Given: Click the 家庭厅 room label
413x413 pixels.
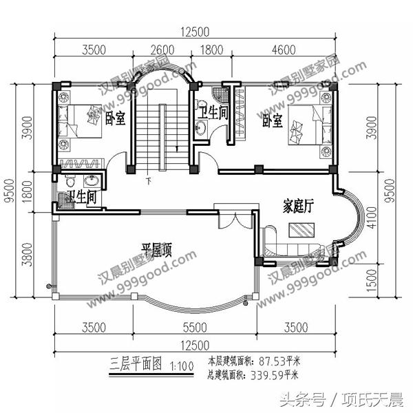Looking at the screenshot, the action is (299, 206).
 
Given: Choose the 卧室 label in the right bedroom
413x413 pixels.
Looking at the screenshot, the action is (272, 121).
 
